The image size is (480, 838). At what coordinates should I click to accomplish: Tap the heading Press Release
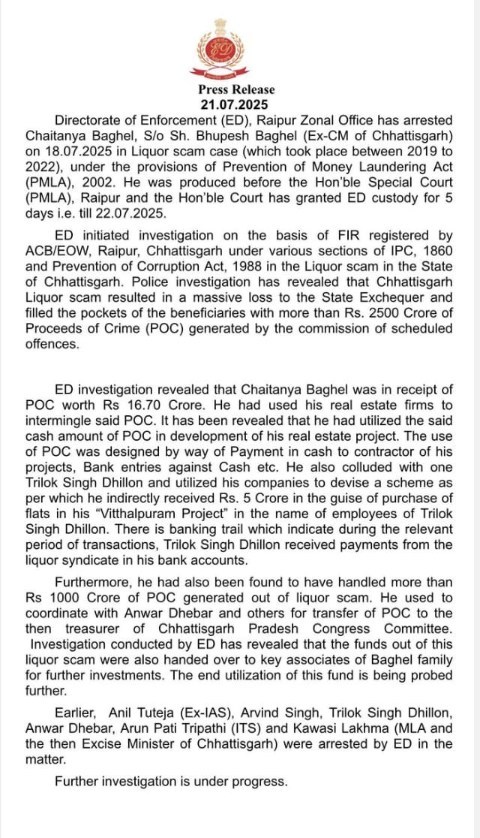pyautogui.click(x=236, y=90)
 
